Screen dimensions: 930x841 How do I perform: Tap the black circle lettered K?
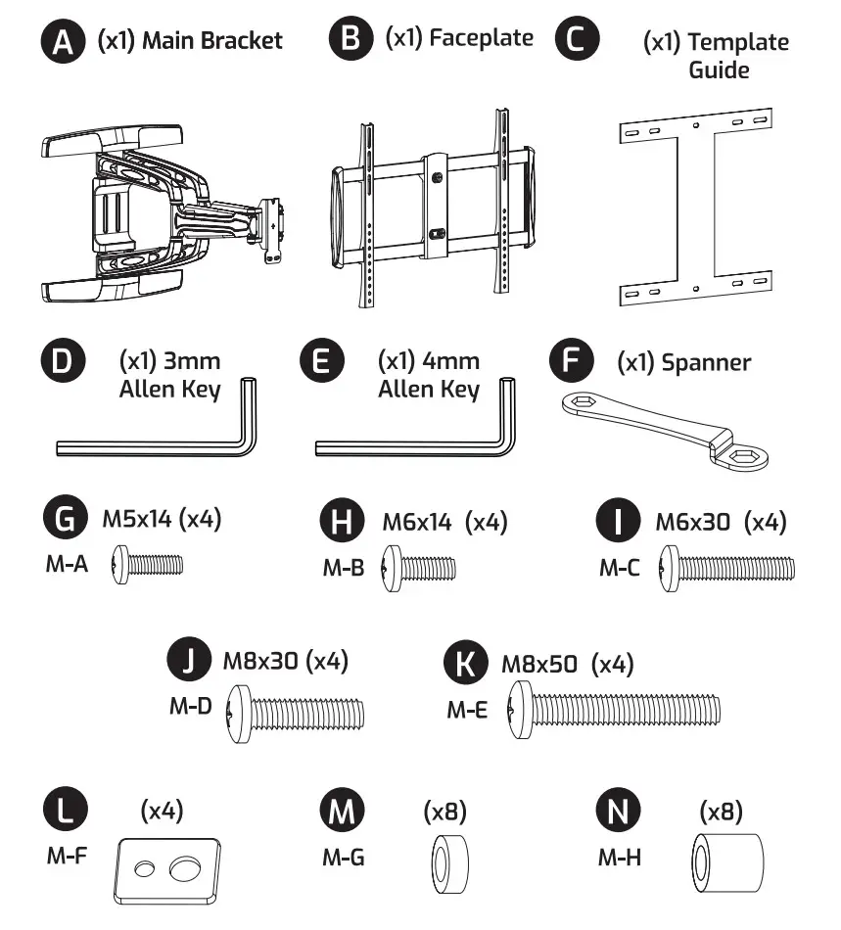pos(466,664)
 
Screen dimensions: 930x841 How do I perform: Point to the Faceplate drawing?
pos(434,208)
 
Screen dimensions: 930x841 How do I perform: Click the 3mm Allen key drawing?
pos(157,431)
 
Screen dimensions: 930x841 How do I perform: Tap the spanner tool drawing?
pos(666,426)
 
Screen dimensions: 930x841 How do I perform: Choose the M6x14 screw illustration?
pos(421,566)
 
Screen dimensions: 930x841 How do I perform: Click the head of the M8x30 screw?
pos(240,710)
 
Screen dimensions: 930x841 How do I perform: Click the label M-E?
pos(467,711)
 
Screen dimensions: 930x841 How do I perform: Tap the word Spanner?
pos(706,362)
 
